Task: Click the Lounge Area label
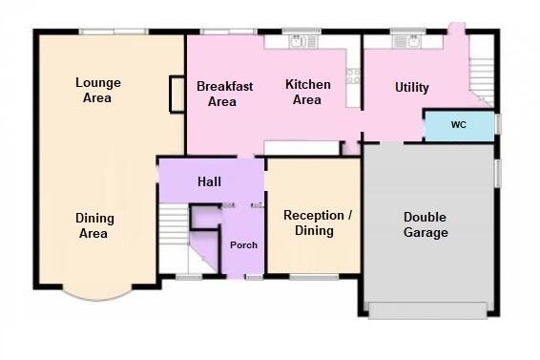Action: coord(98,90)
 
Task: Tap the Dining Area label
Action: coord(94,225)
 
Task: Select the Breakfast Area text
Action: coord(224,94)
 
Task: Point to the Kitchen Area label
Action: coord(308,92)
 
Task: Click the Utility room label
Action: coord(412,87)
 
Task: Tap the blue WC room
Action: coord(459,125)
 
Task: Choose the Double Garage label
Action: coord(426,224)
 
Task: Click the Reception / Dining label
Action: coord(317,222)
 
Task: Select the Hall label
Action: coord(209,181)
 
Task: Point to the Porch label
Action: coord(243,245)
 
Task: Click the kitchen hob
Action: coord(353,76)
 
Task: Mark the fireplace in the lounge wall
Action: coord(177,95)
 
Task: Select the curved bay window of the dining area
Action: coord(98,293)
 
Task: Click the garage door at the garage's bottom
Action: coord(427,310)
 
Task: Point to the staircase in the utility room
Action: coord(482,82)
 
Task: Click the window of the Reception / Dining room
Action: coord(314,277)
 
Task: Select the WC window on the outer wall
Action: coord(498,123)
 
